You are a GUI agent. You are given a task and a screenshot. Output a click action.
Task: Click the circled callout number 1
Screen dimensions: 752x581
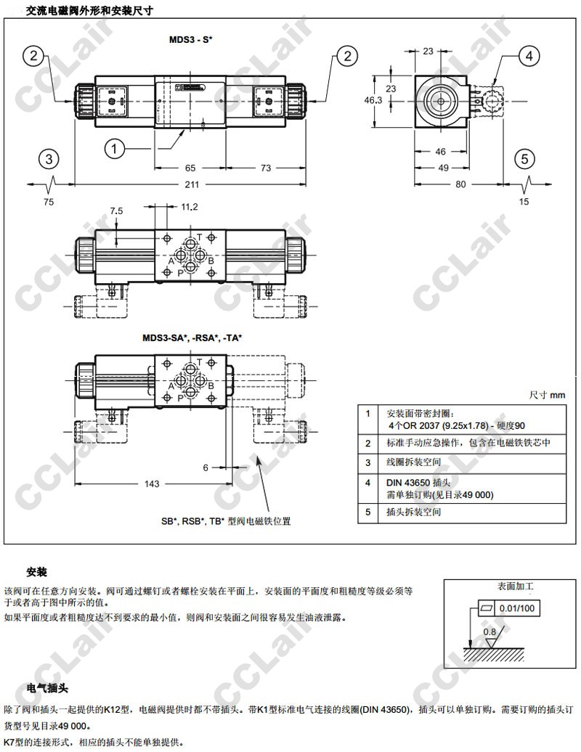click(x=114, y=149)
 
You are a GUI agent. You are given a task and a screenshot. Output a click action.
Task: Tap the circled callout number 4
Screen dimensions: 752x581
click(x=529, y=56)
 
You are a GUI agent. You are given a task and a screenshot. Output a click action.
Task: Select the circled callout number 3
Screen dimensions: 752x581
click(x=48, y=158)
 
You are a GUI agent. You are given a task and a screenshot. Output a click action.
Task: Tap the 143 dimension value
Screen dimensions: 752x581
click(x=152, y=483)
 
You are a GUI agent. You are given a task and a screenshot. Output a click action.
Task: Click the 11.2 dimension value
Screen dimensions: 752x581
click(x=189, y=207)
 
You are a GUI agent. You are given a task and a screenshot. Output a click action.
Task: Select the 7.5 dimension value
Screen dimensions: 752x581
click(x=116, y=211)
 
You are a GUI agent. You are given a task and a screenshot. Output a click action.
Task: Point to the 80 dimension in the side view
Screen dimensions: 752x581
click(x=460, y=184)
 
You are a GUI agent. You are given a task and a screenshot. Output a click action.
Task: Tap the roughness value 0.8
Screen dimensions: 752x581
click(x=490, y=632)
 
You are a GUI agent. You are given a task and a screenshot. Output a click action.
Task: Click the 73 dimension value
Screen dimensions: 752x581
click(x=265, y=168)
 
